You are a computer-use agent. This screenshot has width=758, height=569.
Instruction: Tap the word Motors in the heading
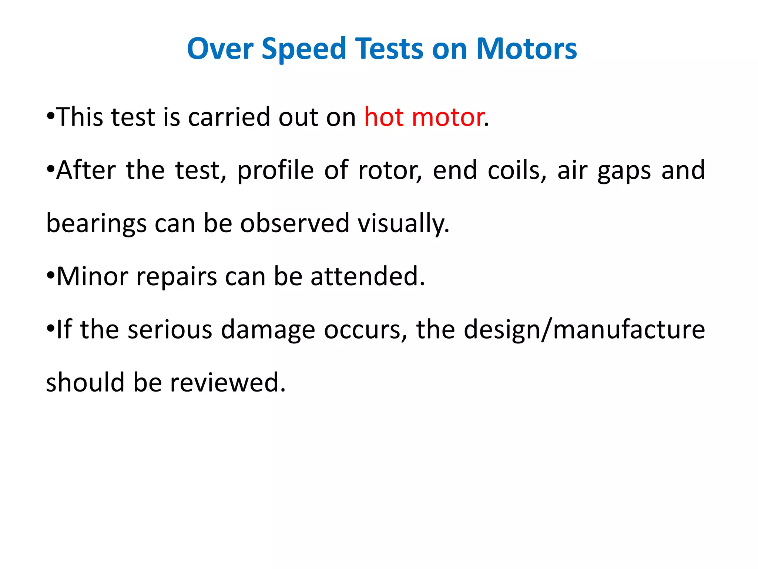(x=526, y=49)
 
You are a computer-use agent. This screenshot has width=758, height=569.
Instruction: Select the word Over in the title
(x=220, y=49)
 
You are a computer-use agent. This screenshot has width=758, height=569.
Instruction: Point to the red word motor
(x=448, y=117)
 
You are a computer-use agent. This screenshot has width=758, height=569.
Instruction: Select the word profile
(x=275, y=170)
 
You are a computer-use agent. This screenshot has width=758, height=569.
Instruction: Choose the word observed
(x=295, y=223)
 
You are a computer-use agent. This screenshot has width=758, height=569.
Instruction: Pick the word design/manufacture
(x=584, y=330)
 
